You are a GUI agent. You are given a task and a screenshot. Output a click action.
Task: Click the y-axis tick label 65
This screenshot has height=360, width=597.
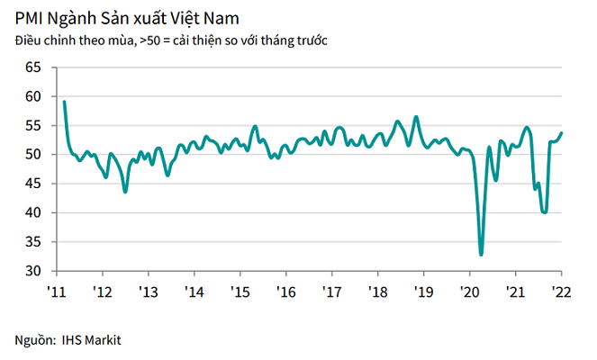click(34, 67)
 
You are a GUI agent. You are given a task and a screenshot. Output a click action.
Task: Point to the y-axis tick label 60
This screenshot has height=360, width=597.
click(34, 96)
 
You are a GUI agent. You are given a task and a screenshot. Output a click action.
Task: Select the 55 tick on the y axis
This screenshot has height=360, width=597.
click(34, 126)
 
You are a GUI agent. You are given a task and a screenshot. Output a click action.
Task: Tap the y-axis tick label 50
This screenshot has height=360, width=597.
click(34, 155)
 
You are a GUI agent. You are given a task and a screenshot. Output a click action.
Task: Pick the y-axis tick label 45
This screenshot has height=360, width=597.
click(34, 184)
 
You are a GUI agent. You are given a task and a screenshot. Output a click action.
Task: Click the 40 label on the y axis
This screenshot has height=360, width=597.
click(34, 213)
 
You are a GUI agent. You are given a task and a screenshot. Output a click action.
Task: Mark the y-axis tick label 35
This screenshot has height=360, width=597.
click(34, 242)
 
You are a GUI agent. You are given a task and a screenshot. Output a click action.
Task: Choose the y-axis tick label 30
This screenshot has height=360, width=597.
click(34, 271)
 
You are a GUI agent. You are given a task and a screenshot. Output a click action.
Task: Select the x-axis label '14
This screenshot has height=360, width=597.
click(193, 292)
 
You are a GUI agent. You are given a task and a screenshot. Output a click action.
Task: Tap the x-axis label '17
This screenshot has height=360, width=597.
click(330, 292)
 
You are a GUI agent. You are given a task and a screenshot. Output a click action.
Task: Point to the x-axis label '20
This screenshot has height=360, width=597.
click(468, 292)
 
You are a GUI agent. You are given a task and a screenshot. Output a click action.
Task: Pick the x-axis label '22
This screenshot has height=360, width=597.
click(560, 292)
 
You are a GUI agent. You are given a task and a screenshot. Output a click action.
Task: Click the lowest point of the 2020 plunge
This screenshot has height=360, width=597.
click(481, 255)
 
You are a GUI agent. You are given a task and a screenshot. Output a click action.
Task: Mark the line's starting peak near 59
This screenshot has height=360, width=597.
click(64, 102)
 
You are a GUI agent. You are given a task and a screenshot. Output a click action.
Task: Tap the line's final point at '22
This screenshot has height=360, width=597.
click(562, 133)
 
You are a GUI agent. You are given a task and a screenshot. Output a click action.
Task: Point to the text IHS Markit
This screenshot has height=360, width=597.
click(92, 340)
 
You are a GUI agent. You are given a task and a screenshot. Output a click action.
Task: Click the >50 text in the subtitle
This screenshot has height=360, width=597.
click(149, 40)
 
